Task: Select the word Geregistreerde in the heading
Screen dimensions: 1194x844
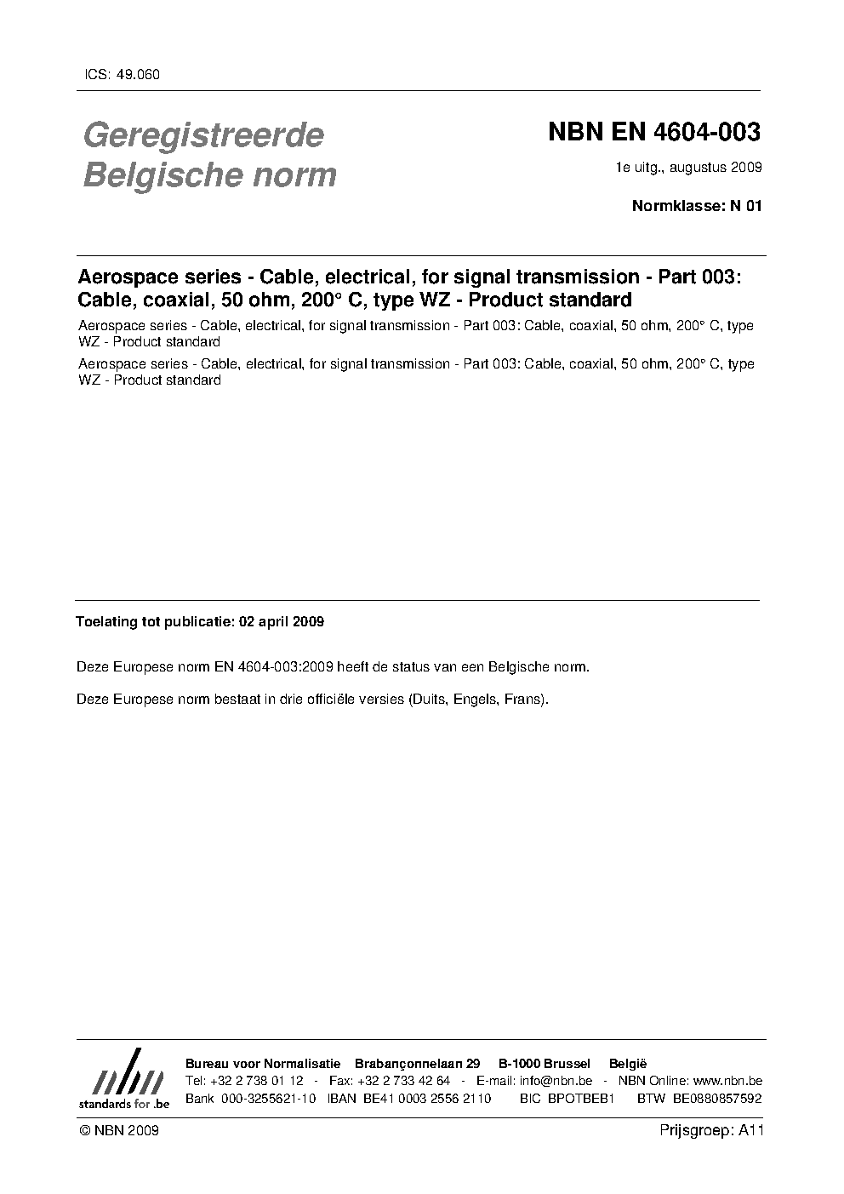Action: [203, 134]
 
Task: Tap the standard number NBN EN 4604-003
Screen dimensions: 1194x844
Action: [653, 133]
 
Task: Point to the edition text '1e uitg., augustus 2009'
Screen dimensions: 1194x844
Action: [688, 168]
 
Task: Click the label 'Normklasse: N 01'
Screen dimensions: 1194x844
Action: [696, 205]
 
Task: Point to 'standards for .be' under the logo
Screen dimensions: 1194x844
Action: [123, 1103]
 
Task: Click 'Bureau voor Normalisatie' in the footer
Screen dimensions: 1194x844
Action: [263, 1064]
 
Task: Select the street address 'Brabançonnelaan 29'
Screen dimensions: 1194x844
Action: [418, 1064]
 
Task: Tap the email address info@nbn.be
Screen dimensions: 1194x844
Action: [556, 1081]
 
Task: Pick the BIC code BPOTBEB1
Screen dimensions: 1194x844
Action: [581, 1099]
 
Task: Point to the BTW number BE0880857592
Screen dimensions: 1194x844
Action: [716, 1099]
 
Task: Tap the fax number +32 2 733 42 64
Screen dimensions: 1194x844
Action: [403, 1081]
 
